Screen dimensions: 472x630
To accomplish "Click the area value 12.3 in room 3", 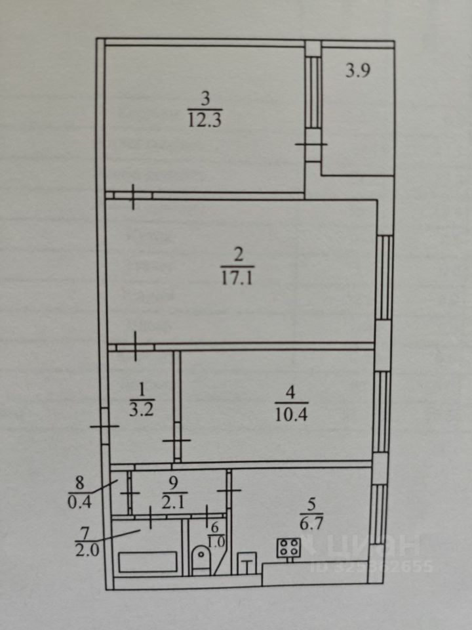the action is coord(205,121).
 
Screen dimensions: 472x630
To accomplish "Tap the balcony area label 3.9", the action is coord(359,71).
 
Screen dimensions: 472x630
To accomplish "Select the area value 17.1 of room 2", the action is coord(238,278).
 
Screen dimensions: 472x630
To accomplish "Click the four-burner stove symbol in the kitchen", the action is coord(289,548).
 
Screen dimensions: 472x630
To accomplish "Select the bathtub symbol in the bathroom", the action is coord(147,562).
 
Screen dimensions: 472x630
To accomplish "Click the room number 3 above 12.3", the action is coord(205,100).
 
